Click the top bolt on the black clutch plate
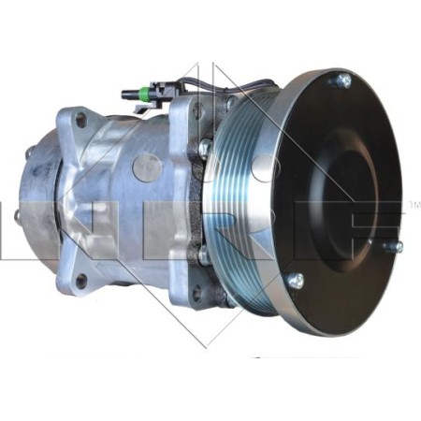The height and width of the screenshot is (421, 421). pyautogui.click(x=341, y=82)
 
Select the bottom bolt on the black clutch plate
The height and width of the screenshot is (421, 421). pyautogui.click(x=296, y=279)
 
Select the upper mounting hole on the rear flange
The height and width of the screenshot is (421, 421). pyautogui.click(x=81, y=119)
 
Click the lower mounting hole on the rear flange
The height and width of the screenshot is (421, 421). pyautogui.click(x=81, y=279)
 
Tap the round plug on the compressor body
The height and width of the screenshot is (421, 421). pyautogui.click(x=145, y=168)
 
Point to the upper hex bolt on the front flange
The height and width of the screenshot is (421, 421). pyautogui.click(x=204, y=148)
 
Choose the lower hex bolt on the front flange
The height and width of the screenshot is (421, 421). pyautogui.click(x=204, y=253)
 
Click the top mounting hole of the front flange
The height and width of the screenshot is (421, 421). pyautogui.click(x=197, y=109)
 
